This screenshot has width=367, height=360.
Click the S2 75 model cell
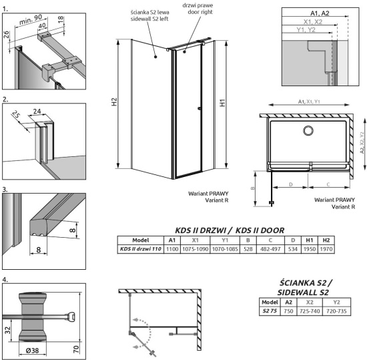click(x=270, y=311)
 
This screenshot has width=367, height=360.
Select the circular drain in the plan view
click(x=309, y=130)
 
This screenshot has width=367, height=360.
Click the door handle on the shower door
click(x=200, y=109)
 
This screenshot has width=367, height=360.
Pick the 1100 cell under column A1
click(x=171, y=249)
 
